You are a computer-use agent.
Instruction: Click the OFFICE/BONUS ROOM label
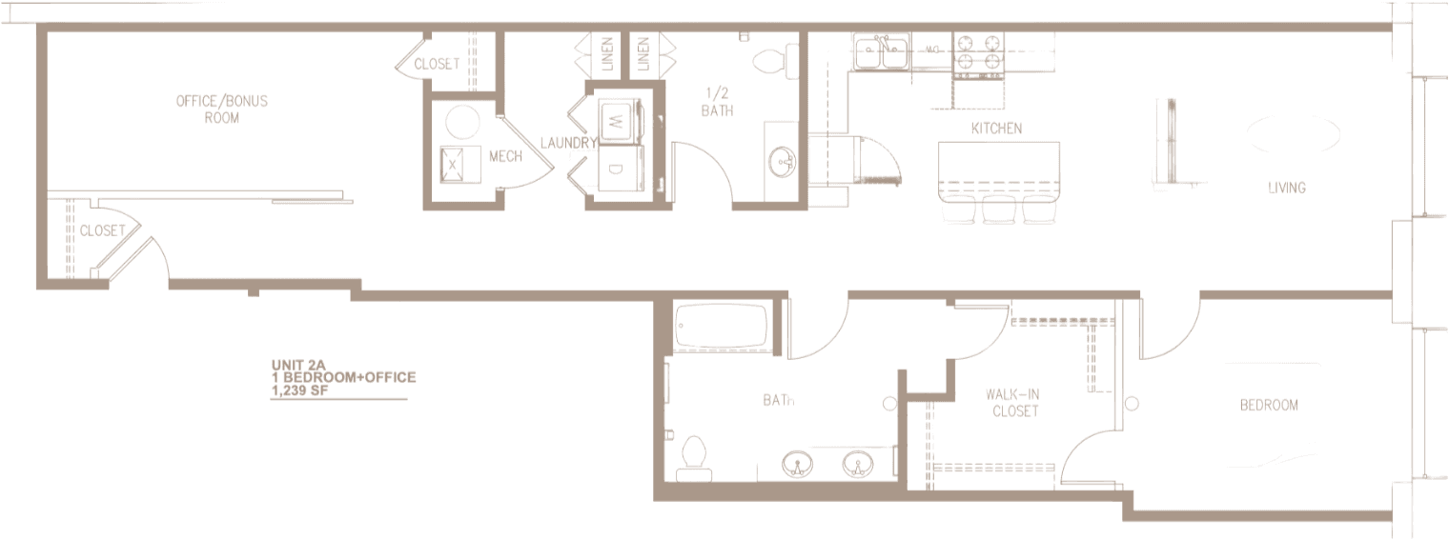click(221, 110)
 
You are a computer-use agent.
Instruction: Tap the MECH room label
click(505, 156)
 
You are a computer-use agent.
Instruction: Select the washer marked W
click(616, 123)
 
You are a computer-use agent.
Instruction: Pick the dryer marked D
click(616, 170)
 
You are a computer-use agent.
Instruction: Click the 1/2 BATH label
click(718, 102)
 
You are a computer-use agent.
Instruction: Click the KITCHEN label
click(996, 129)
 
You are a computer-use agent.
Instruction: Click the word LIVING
click(1286, 188)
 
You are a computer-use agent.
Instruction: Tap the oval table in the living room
click(1294, 134)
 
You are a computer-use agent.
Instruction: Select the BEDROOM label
click(1268, 406)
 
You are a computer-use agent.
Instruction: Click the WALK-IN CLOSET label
click(1014, 402)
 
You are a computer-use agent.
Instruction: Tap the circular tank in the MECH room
click(463, 123)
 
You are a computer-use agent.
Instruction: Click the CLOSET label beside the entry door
click(102, 230)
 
